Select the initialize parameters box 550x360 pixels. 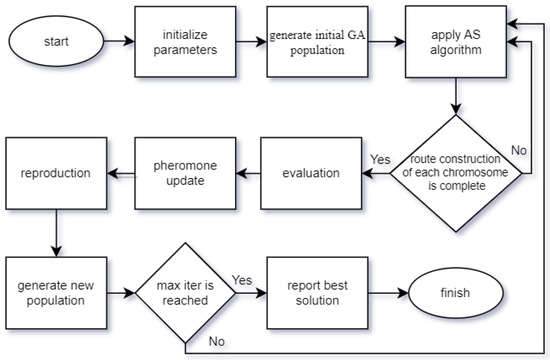click(177, 43)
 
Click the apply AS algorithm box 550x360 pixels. click(455, 43)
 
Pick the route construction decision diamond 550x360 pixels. click(455, 171)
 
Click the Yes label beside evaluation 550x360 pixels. click(381, 159)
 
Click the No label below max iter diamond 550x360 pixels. click(215, 341)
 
